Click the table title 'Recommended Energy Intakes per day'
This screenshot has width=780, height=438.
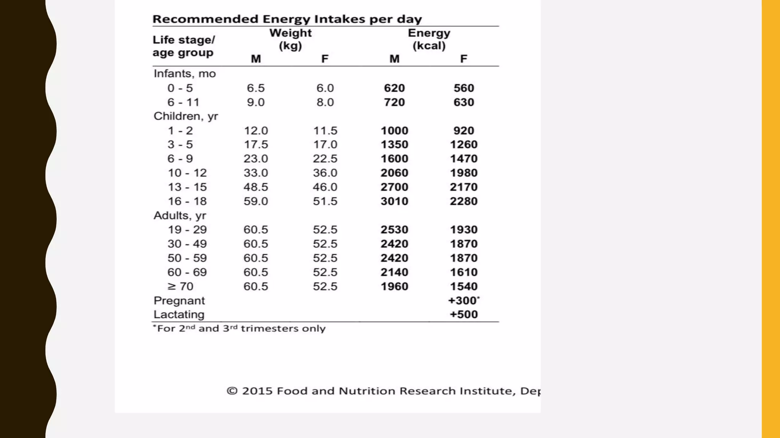click(287, 19)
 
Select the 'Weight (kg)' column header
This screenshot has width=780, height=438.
click(290, 39)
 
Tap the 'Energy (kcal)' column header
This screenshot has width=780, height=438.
click(429, 39)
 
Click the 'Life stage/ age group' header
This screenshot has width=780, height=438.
click(184, 46)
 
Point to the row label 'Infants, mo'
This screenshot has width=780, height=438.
click(185, 73)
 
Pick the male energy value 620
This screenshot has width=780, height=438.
click(394, 88)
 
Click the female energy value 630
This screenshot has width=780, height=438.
click(464, 102)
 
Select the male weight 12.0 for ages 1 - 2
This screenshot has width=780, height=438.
click(256, 131)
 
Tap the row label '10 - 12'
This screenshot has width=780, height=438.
click(187, 173)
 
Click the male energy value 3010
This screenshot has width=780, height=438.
click(394, 201)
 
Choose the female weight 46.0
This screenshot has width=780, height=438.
click(325, 187)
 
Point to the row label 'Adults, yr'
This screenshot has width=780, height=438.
click(180, 216)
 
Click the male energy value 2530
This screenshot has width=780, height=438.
click(394, 230)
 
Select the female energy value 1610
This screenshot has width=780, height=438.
click(464, 272)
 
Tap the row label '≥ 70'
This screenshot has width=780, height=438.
click(181, 286)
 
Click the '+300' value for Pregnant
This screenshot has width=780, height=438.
click(463, 301)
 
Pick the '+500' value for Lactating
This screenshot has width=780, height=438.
click(464, 314)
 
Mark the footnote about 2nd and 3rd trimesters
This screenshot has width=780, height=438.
click(239, 328)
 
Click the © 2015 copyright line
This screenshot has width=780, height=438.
click(383, 391)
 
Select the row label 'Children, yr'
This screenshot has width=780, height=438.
click(186, 116)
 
